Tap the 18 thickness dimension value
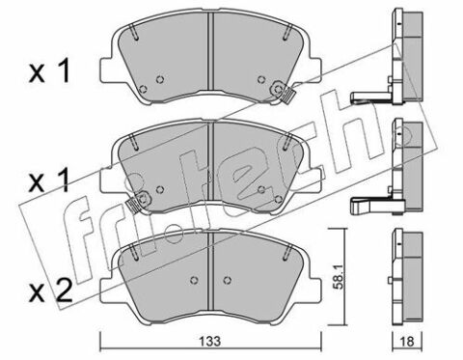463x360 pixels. point(407,341)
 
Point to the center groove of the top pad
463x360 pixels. point(210,51)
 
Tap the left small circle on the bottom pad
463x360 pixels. point(194,280)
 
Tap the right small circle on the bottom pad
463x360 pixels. point(228,280)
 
